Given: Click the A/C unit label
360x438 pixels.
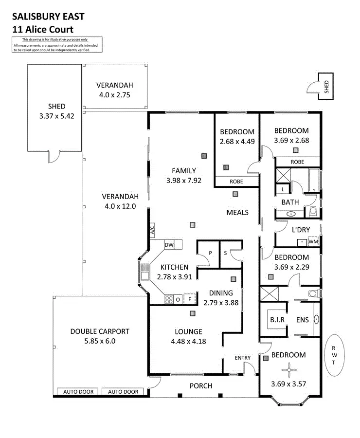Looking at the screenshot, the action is (x=152, y=229).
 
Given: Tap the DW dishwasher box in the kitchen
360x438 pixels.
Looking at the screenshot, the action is (x=169, y=244).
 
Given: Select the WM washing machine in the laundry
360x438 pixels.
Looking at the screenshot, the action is (x=314, y=241).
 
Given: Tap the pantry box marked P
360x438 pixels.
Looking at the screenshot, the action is (x=210, y=253).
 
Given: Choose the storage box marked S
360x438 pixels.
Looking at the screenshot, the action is (x=226, y=253).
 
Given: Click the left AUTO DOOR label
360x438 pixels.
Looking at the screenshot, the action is (x=78, y=392).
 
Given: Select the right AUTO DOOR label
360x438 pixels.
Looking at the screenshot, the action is (x=123, y=392).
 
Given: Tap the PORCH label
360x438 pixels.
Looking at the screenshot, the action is (x=200, y=386).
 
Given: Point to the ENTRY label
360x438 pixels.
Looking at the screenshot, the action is (x=242, y=358).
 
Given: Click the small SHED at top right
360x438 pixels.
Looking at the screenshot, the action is (x=326, y=86).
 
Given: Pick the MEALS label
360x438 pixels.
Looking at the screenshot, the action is (x=237, y=212).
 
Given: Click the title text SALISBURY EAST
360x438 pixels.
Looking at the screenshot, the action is (x=48, y=16).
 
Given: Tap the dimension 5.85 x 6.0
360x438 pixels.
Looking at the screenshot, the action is (x=100, y=341).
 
